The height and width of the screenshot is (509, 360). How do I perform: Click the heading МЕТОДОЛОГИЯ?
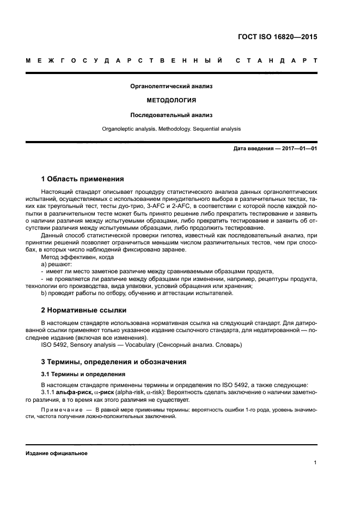pos(172,101)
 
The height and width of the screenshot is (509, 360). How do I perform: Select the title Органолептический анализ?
pos(172,86)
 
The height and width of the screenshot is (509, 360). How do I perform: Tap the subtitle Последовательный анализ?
pos(172,115)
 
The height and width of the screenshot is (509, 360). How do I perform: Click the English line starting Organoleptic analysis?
pos(172,129)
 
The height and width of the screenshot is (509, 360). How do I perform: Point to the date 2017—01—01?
pos(298,149)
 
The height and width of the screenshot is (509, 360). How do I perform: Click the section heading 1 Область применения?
pos(82,179)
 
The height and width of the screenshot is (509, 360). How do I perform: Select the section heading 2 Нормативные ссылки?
pos(84,310)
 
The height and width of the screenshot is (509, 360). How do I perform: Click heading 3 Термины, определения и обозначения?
pos(114,361)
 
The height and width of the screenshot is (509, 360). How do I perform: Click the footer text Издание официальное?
pos(57,453)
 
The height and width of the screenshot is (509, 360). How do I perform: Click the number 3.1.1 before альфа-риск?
pos(49,393)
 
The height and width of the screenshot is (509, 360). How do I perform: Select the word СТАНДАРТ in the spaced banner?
pos(276,60)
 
